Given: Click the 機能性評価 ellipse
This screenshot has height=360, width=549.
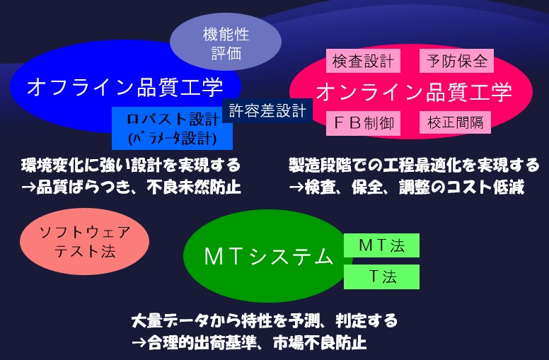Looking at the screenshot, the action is click(226, 42).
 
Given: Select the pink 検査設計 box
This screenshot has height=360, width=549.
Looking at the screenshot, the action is click(363, 61).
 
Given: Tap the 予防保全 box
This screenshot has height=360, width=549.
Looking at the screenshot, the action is click(456, 61).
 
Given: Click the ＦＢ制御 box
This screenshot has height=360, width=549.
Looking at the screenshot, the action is click(363, 123).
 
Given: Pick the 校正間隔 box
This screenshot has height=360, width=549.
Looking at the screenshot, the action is click(455, 122).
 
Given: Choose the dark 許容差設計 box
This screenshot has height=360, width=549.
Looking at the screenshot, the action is click(267, 110).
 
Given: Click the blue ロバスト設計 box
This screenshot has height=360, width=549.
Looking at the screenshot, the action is click(172, 128).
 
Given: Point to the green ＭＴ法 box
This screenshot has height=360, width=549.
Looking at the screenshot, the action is click(381, 245).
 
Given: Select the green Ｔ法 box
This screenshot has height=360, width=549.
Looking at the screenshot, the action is click(381, 277).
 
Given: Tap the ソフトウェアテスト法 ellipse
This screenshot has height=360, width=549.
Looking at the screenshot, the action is click(84, 241).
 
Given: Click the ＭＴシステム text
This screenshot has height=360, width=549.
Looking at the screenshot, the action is click(268, 257).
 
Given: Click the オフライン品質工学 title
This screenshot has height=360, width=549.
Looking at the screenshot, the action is click(125, 87).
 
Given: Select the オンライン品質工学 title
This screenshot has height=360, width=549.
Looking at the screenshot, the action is click(414, 92).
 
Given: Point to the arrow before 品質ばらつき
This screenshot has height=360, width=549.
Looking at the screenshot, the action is click(29, 187).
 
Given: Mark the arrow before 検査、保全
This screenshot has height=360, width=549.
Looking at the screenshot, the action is click(296, 187).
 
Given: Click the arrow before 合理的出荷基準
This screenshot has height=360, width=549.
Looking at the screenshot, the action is click(139, 342).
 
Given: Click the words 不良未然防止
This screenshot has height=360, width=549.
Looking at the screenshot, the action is click(194, 187).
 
